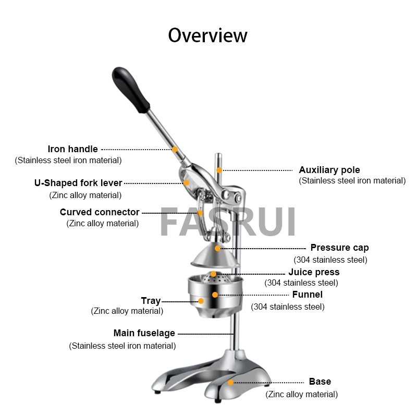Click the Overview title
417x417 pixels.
pos(207,35)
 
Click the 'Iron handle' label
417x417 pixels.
pos(72,149)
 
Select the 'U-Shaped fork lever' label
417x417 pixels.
pos(78,183)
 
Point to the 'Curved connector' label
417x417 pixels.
pos(100,212)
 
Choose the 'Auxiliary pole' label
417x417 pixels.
pos(329,170)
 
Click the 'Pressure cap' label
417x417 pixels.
pos(339,248)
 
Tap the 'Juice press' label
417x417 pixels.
pos(314,272)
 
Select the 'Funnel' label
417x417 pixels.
pos(307,295)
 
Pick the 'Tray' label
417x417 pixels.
pos(151,301)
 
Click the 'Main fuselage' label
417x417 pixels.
pos(144,333)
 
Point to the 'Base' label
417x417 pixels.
pos(320,382)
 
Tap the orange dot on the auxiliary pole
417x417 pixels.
pos(220,170)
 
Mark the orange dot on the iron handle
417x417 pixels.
pos(175,150)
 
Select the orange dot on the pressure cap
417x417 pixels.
pos(218,248)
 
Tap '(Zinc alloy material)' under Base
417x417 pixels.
pos(302,395)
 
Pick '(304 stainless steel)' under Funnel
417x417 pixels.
pos(288,306)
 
